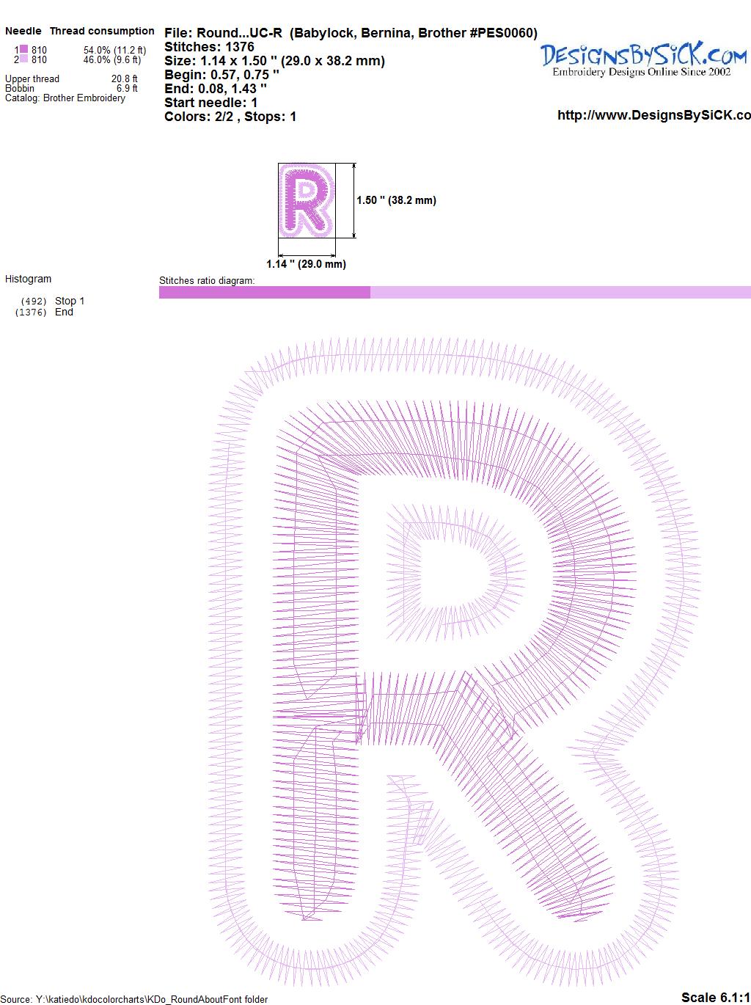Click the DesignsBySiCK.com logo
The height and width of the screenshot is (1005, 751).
[x=643, y=59]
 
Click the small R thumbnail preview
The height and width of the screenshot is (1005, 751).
[x=307, y=200]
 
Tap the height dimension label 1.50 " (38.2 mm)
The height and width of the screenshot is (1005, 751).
[x=396, y=200]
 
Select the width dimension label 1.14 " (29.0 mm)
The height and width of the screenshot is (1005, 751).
[x=306, y=264]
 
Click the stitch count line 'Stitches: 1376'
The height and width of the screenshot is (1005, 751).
[x=209, y=47]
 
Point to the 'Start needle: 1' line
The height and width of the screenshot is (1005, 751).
[x=210, y=103]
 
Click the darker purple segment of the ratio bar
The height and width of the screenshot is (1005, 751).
[x=265, y=292]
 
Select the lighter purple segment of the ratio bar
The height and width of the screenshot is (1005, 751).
[x=560, y=292]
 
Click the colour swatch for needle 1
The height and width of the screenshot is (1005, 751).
[x=23, y=49]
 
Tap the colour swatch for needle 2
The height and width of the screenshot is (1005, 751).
[x=23, y=59]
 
